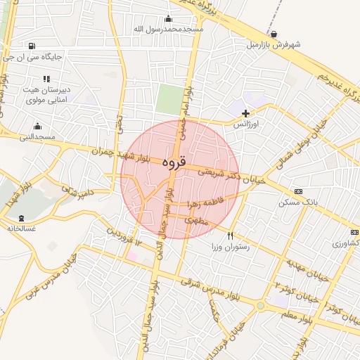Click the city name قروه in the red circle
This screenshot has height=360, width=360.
click(x=174, y=162)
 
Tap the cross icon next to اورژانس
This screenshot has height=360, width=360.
click(x=245, y=112)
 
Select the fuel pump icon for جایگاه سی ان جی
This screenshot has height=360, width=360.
click(x=34, y=46)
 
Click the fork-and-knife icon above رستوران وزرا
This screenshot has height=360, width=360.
click(x=230, y=236)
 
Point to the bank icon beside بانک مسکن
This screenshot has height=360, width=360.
click(x=298, y=191)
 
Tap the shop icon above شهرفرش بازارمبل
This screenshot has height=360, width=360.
click(x=273, y=34)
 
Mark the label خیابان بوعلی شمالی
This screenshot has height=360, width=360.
click(x=307, y=134)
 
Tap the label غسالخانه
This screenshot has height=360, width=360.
click(x=22, y=228)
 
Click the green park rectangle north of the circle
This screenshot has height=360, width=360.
click(x=169, y=99)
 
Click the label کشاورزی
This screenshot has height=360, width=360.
click(x=345, y=243)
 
